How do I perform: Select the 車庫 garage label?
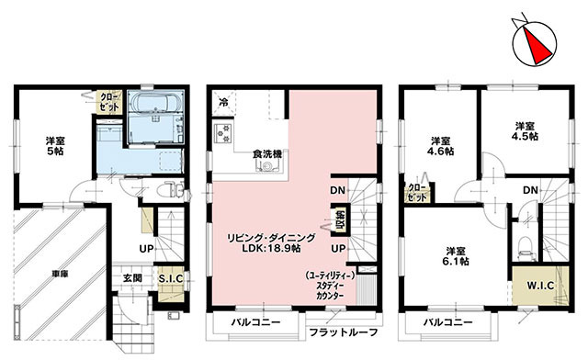tap(60, 274)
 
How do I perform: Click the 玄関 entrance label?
tap(132, 278)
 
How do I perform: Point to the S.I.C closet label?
tap(171, 278)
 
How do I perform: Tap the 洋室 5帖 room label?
tap(55, 146)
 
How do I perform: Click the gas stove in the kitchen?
tap(223, 134)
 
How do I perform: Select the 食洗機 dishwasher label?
tap(267, 154)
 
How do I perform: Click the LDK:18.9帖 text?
tap(271, 249)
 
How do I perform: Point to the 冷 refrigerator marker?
tap(223, 102)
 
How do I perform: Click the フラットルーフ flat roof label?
tap(343, 332)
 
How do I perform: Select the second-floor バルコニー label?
tap(255, 322)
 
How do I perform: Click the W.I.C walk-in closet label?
tap(540, 286)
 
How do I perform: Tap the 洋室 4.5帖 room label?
tap(525, 131)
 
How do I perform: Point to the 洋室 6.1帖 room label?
tap(456, 256)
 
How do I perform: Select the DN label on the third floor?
tap(531, 190)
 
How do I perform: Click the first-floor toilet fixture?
tap(173, 190)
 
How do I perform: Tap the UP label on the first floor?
tap(146, 249)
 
